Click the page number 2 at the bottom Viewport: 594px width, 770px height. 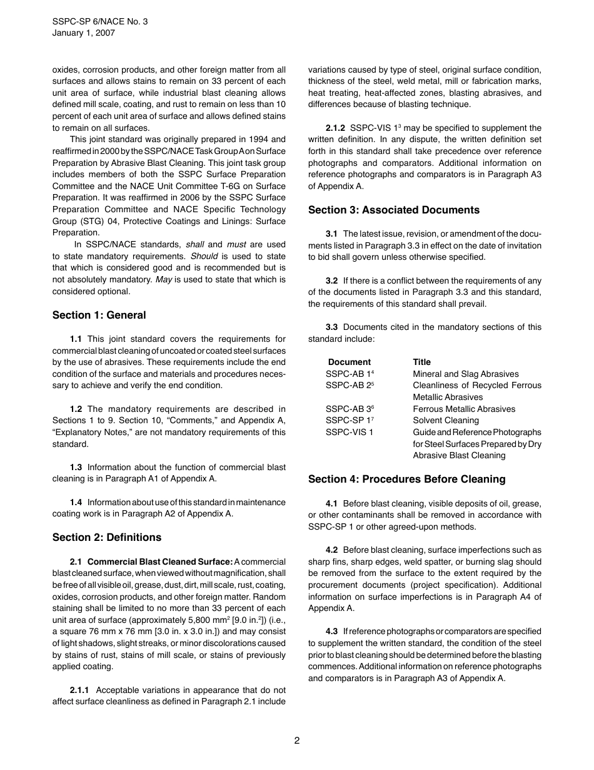[x=297, y=741]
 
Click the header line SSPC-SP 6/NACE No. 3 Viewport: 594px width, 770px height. [x=100, y=22]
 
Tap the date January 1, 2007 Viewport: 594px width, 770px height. [x=83, y=34]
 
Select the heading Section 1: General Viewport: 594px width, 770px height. [x=99, y=315]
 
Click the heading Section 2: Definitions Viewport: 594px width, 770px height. [x=107, y=537]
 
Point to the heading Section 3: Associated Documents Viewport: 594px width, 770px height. [x=394, y=210]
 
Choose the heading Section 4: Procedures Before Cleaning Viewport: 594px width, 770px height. [x=406, y=479]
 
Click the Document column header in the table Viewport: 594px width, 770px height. [x=349, y=362]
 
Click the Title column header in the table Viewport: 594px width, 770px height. [x=421, y=362]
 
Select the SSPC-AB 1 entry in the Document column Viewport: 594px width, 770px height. [x=349, y=374]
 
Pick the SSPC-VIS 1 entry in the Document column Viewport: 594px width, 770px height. [x=349, y=432]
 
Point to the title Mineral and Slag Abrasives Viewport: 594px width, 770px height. [x=465, y=374]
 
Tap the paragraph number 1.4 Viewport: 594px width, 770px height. [x=76, y=502]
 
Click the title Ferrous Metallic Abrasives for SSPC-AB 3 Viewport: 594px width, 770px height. [x=464, y=409]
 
